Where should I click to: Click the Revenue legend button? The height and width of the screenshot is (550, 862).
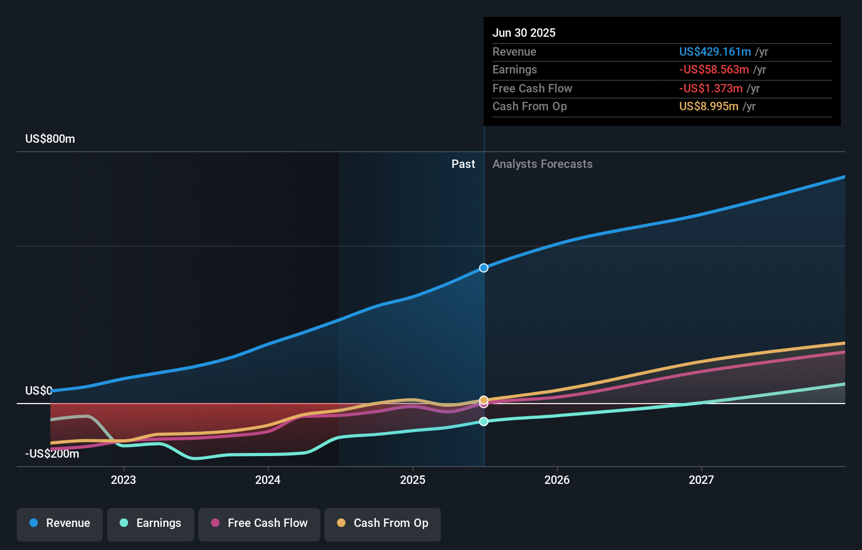coord(60,523)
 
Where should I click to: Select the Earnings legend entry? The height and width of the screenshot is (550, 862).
coord(151,523)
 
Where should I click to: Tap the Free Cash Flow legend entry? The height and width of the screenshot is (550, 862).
coord(259,523)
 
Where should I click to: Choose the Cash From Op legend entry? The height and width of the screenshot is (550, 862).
coord(383,523)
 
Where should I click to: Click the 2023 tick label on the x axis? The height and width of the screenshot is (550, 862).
coord(123,480)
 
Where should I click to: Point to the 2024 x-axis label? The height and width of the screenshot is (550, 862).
coord(268,480)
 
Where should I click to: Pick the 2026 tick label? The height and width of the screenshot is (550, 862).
coord(557,480)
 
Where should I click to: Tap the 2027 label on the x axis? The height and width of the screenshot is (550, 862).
coord(701,480)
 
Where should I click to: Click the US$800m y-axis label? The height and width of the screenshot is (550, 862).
coord(50,139)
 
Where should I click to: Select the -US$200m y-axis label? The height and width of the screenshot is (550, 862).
coord(52,454)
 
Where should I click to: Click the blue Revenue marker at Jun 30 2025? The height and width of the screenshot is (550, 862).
coord(483,268)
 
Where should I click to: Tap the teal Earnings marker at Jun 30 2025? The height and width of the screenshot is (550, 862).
coord(483,421)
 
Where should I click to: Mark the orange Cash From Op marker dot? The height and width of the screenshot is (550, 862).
coord(483,400)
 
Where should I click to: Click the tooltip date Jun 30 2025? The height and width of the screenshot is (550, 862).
coord(523,33)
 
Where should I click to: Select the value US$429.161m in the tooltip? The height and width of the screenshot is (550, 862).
coord(714,51)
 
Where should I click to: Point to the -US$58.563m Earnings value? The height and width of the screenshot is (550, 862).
coord(713,70)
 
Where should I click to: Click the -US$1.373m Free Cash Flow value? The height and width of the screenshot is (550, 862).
coord(710,88)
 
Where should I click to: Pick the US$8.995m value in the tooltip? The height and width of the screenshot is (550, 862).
coord(708,107)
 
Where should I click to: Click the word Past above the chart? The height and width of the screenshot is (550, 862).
coord(463,164)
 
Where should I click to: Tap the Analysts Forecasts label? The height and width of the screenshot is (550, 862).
coord(542,164)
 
